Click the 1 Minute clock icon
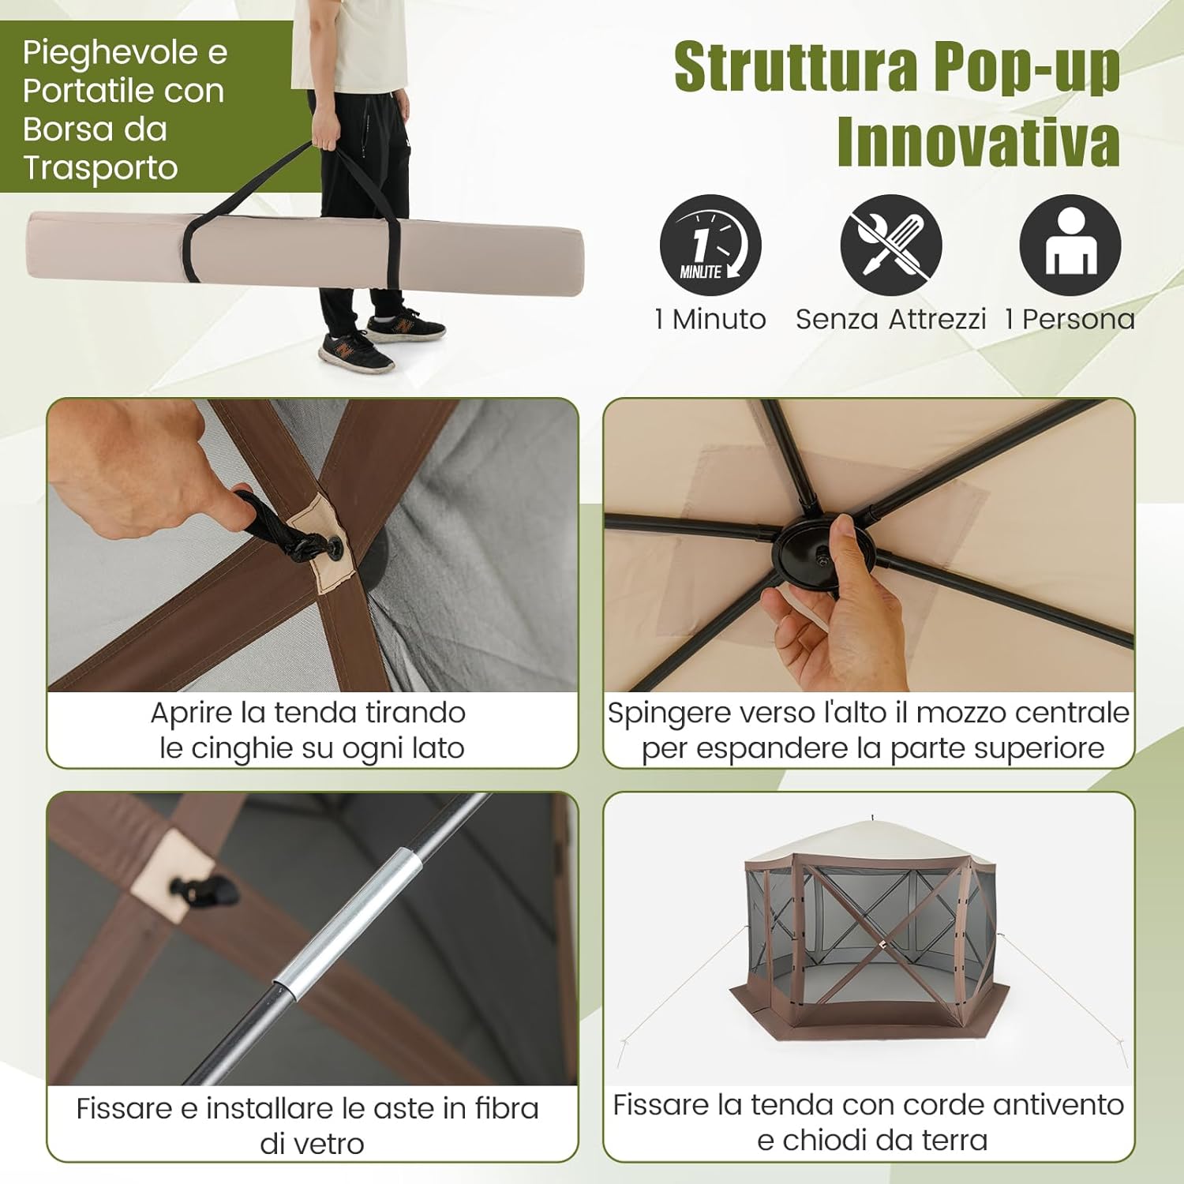click(x=710, y=245)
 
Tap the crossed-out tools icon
click(x=890, y=245)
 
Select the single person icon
click(x=1070, y=245)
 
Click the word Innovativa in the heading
click(x=978, y=143)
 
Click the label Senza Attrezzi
click(x=890, y=320)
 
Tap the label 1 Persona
click(x=1070, y=320)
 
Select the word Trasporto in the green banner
click(x=100, y=168)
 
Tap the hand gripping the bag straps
click(x=324, y=133)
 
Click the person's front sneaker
click(x=355, y=352)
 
